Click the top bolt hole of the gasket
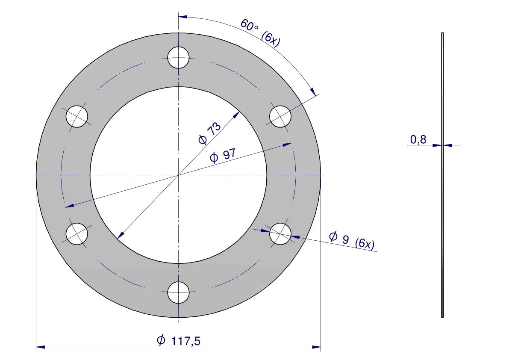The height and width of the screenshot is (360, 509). (178, 57)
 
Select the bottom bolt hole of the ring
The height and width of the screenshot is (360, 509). (178, 292)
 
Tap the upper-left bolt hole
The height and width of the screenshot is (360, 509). (76, 116)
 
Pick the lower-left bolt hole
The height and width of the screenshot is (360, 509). (76, 234)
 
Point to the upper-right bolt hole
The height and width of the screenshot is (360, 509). (280, 116)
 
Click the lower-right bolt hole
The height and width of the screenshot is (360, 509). (280, 234)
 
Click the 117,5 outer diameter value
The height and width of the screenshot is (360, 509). (185, 341)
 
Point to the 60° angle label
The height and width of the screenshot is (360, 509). (249, 25)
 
